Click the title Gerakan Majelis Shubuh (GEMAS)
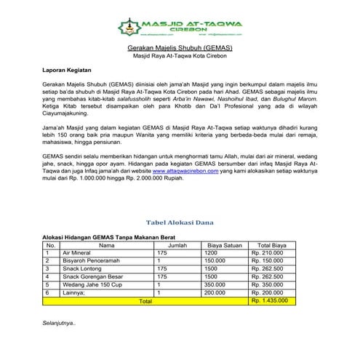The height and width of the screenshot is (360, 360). click(179, 47)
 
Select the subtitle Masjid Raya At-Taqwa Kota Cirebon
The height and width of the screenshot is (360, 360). click(179, 56)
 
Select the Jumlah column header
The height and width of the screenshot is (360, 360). click(177, 245)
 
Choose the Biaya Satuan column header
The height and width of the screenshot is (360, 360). click(225, 245)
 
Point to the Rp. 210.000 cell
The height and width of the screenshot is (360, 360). click(267, 252)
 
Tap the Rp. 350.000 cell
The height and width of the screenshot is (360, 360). click(267, 284)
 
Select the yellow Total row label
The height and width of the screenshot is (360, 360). click(145, 300)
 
